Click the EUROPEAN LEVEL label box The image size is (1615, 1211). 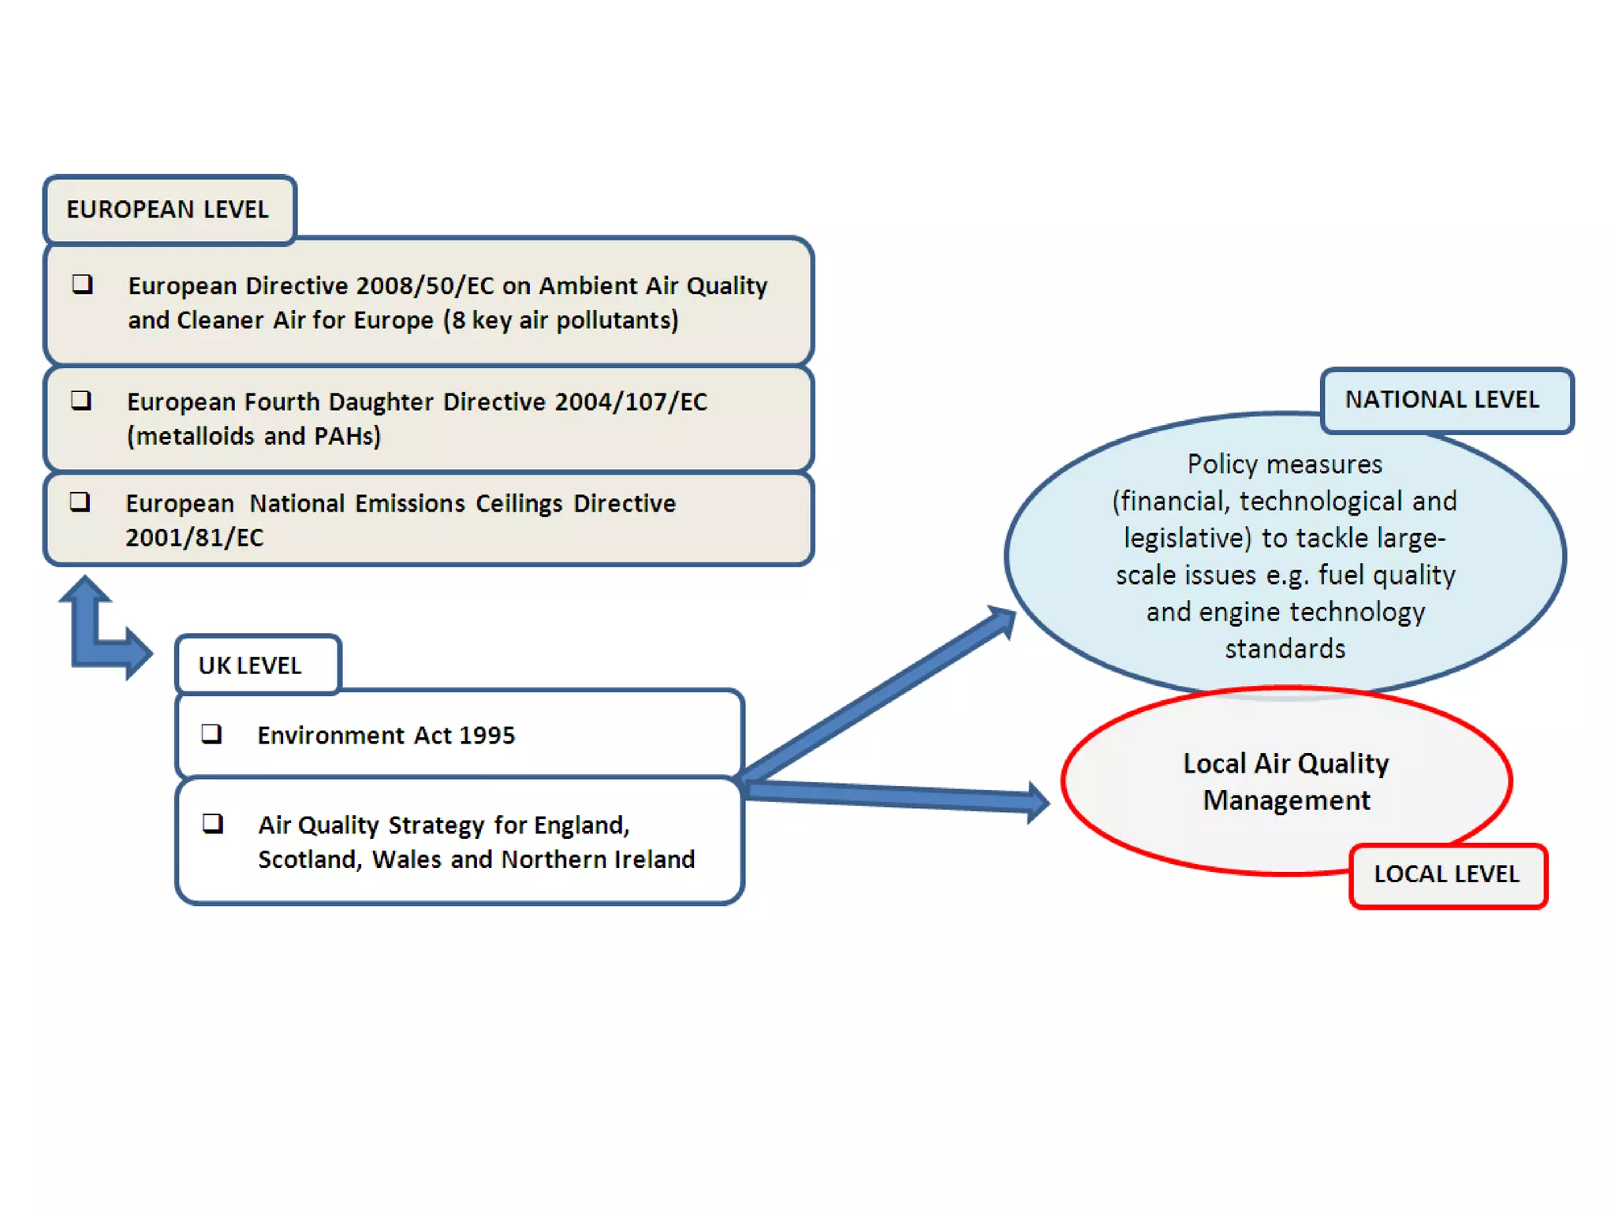pyautogui.click(x=169, y=210)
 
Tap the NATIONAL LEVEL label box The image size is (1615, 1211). pyautogui.click(x=1443, y=400)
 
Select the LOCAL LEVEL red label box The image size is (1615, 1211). pyautogui.click(x=1448, y=874)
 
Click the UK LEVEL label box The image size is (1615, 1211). pyautogui.click(x=251, y=665)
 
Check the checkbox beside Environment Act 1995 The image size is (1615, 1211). pyautogui.click(x=211, y=734)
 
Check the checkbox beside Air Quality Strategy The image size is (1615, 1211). pyautogui.click(x=212, y=824)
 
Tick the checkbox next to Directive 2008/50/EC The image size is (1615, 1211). pyautogui.click(x=82, y=284)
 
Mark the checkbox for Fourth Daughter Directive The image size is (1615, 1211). pyautogui.click(x=81, y=401)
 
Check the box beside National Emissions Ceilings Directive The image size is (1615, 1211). pyautogui.click(x=80, y=502)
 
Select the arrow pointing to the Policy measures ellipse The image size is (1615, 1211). pyautogui.click(x=875, y=694)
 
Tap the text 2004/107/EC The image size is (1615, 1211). pyautogui.click(x=631, y=402)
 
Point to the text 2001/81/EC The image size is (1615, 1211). pyautogui.click(x=194, y=538)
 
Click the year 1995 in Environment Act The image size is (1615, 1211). pyautogui.click(x=487, y=736)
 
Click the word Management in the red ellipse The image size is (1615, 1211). pyautogui.click(x=1286, y=800)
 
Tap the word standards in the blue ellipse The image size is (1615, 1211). pyautogui.click(x=1285, y=649)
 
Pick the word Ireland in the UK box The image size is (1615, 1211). pyautogui.click(x=655, y=859)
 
